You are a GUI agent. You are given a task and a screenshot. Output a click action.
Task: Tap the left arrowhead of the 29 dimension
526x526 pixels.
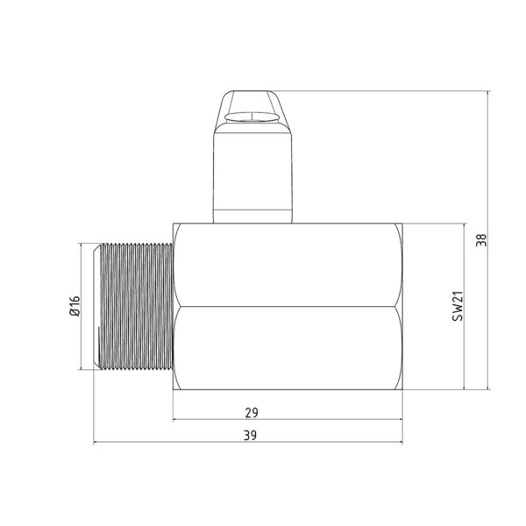point(177,419)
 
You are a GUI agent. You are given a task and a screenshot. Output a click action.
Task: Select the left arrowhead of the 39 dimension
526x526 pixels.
point(97,443)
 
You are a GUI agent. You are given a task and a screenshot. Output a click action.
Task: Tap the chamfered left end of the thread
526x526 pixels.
point(97,305)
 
